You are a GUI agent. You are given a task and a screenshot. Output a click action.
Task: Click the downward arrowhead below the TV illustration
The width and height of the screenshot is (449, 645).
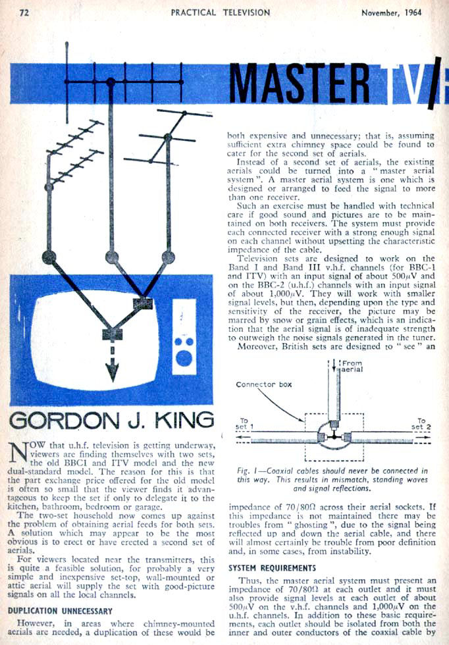tap(113, 373)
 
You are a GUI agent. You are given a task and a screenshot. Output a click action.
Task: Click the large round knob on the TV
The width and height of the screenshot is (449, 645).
tap(184, 358)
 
